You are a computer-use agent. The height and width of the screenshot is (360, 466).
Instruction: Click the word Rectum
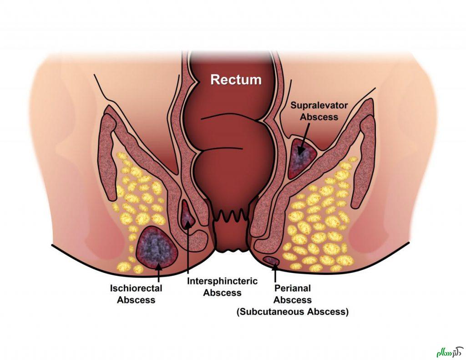click(x=236, y=80)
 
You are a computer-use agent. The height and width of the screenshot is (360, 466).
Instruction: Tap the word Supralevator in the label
click(x=319, y=106)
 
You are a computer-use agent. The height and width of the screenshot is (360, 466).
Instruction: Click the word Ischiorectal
click(x=136, y=289)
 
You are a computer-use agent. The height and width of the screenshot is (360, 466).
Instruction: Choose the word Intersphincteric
click(x=222, y=281)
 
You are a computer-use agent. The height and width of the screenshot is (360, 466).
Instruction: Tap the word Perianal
click(x=293, y=289)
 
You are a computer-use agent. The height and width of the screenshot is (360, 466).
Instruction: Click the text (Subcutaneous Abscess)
click(x=292, y=312)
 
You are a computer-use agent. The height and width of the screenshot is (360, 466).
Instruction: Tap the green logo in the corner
click(x=448, y=349)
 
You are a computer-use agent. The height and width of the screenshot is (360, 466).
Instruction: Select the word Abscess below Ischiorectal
click(x=136, y=300)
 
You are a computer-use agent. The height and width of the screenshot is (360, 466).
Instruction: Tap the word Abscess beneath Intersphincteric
click(x=222, y=293)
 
